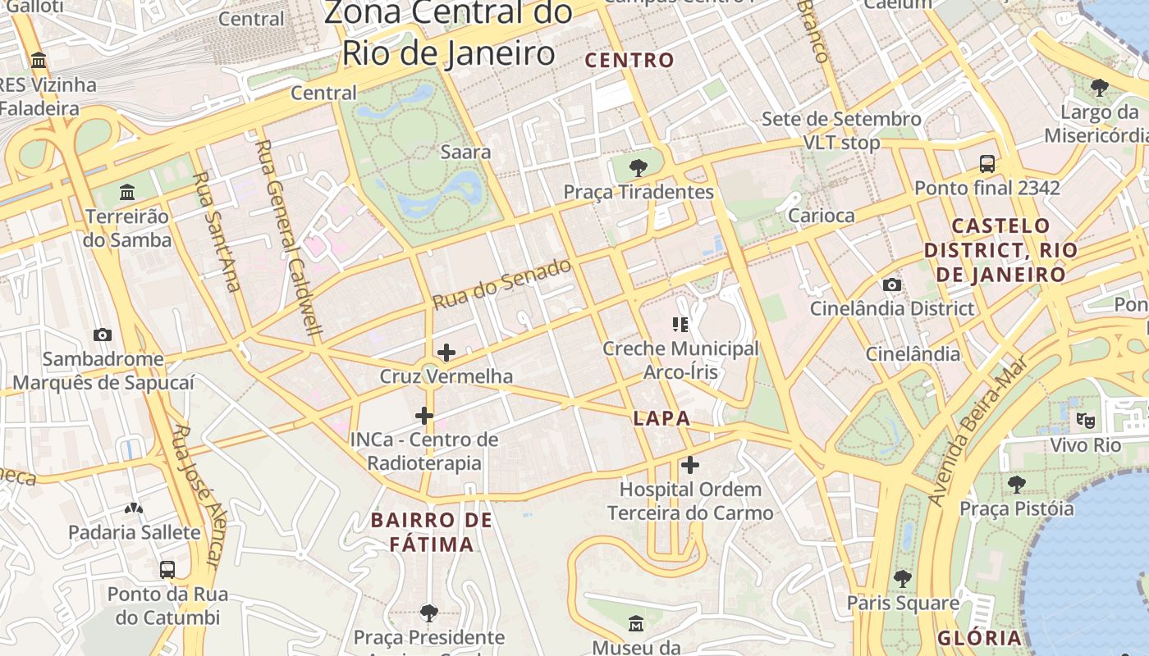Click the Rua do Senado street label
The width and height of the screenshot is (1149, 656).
pyautogui.click(x=501, y=284)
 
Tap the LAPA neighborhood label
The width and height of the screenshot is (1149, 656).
pyautogui.click(x=661, y=418)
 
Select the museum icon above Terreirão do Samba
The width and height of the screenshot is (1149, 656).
pyautogui.click(x=127, y=193)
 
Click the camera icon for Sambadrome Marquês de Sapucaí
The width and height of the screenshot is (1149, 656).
pyautogui.click(x=103, y=335)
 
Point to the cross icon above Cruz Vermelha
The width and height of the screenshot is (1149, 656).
pyautogui.click(x=446, y=353)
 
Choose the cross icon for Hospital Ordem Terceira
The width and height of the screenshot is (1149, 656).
pyautogui.click(x=690, y=465)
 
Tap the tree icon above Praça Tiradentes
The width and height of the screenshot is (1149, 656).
pyautogui.click(x=638, y=168)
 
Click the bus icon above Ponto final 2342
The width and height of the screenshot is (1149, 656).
pyautogui.click(x=987, y=163)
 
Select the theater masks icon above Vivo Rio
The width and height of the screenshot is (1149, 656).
pyautogui.click(x=1086, y=421)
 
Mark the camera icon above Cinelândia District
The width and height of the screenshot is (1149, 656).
pyautogui.click(x=892, y=285)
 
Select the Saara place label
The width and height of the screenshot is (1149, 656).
pyautogui.click(x=465, y=152)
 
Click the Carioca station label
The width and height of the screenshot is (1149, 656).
pyautogui.click(x=821, y=216)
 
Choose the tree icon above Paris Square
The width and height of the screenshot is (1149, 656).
pyautogui.click(x=903, y=578)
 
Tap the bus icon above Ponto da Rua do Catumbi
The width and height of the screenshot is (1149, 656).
pyautogui.click(x=167, y=569)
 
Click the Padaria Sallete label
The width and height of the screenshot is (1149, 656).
pyautogui.click(x=135, y=532)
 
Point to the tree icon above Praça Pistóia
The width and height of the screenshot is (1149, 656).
pyautogui.click(x=1017, y=485)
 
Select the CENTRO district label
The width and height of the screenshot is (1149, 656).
pyautogui.click(x=629, y=60)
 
